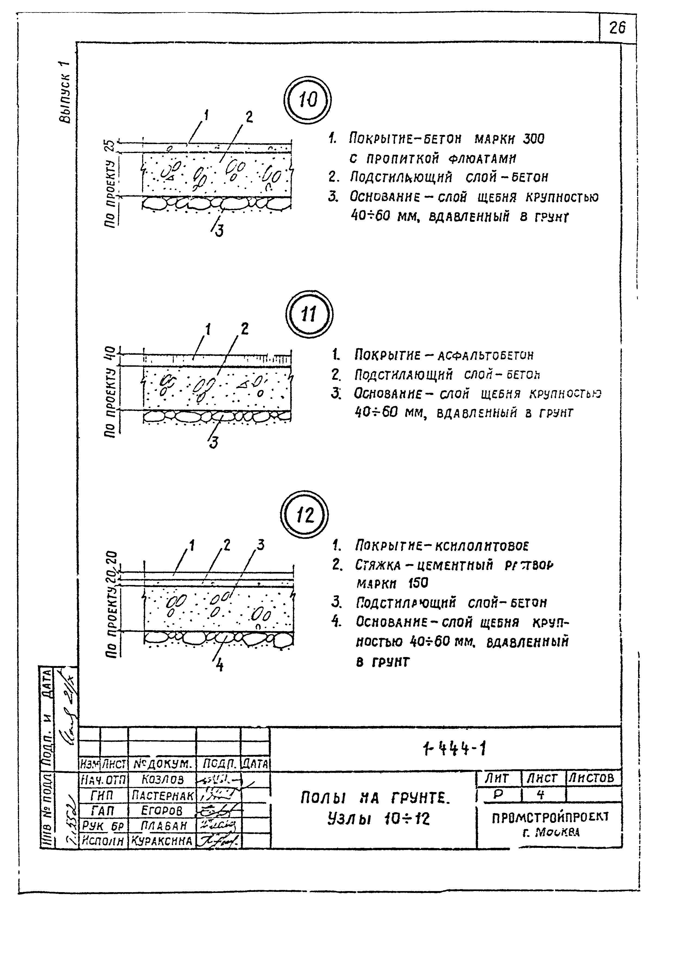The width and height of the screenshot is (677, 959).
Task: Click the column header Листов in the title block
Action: coord(593,778)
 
